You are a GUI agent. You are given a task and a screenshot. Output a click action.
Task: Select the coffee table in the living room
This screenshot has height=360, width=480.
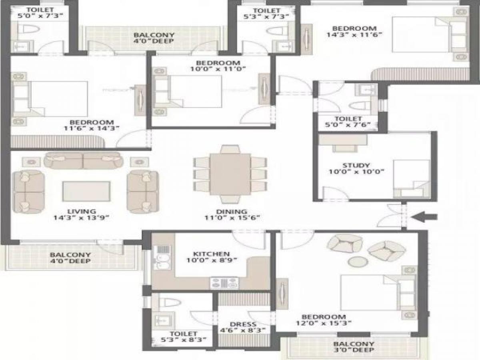86,191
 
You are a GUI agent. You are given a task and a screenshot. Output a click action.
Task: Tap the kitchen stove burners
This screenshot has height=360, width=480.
224,283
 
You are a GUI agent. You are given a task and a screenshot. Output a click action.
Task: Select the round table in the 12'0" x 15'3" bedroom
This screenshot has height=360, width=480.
356,262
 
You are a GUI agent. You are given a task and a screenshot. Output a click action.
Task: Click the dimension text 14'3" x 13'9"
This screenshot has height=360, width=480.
81,218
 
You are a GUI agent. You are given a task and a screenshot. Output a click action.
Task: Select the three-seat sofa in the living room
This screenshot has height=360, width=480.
83,160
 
